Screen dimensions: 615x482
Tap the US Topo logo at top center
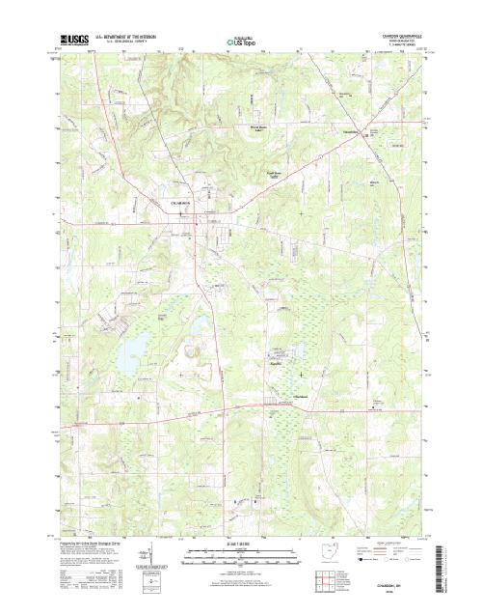pos(241,42)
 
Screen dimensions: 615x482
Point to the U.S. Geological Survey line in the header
pos(123,44)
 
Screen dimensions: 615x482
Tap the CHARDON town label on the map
pos(181,204)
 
